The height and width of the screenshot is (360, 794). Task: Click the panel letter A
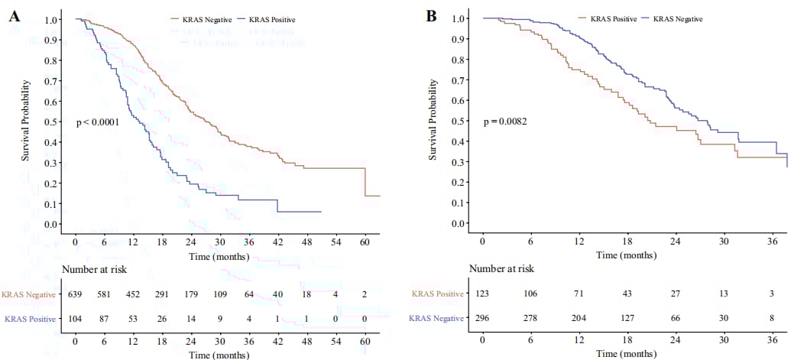[15, 16]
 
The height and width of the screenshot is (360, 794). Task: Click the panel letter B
[431, 15]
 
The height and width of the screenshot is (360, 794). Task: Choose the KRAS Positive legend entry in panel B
[614, 18]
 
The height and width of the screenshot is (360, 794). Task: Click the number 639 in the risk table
[75, 294]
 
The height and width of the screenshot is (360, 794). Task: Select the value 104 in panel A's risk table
[75, 319]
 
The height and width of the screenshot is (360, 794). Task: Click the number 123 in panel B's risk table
[483, 294]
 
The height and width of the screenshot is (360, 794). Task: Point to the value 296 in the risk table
[483, 318]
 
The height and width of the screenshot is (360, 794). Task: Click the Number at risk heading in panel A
[94, 269]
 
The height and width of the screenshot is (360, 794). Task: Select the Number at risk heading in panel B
[502, 268]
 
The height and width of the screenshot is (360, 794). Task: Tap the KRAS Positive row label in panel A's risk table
[30, 319]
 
